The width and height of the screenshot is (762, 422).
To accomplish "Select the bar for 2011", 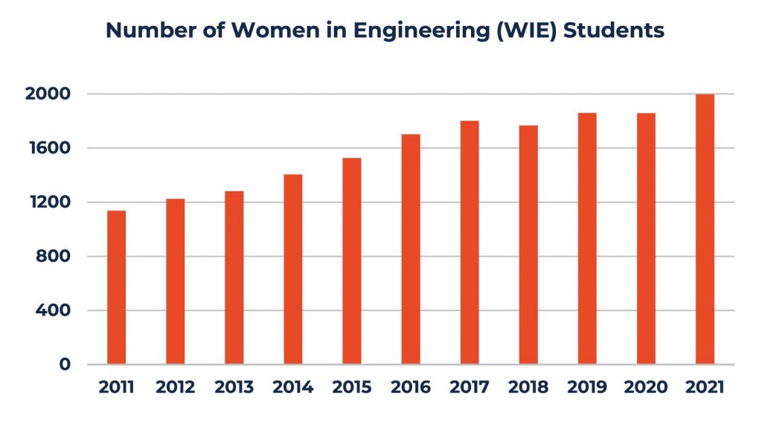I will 116,287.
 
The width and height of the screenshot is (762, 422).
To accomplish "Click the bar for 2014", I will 292,269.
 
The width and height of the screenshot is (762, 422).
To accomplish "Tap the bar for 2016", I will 410,249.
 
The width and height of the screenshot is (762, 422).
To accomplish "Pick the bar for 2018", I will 528,245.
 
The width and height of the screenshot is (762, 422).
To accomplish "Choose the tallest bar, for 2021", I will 705,229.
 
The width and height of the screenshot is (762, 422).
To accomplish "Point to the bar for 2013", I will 234,278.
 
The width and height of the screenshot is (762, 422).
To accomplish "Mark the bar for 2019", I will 587,239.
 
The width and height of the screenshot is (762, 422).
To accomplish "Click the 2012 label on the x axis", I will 175,388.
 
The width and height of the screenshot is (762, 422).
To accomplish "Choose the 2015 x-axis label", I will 351,388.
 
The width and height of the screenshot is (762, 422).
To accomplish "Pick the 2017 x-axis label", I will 470,388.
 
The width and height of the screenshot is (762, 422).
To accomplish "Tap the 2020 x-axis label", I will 646,388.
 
